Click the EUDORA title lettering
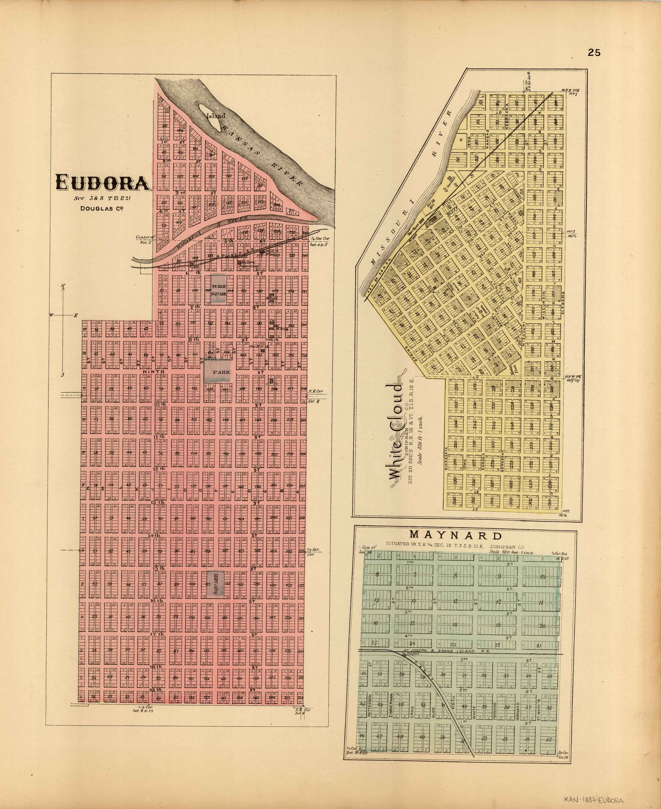pyautogui.click(x=102, y=183)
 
